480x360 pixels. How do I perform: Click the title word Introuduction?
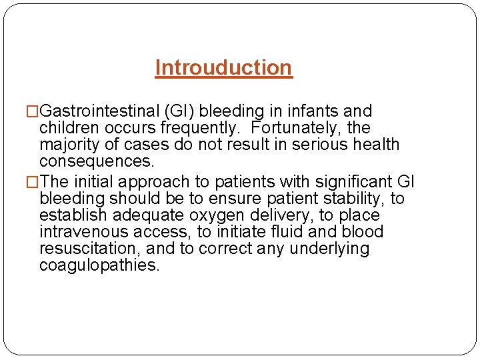pyautogui.click(x=223, y=68)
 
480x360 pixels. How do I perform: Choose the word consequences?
pyautogui.click(x=97, y=161)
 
